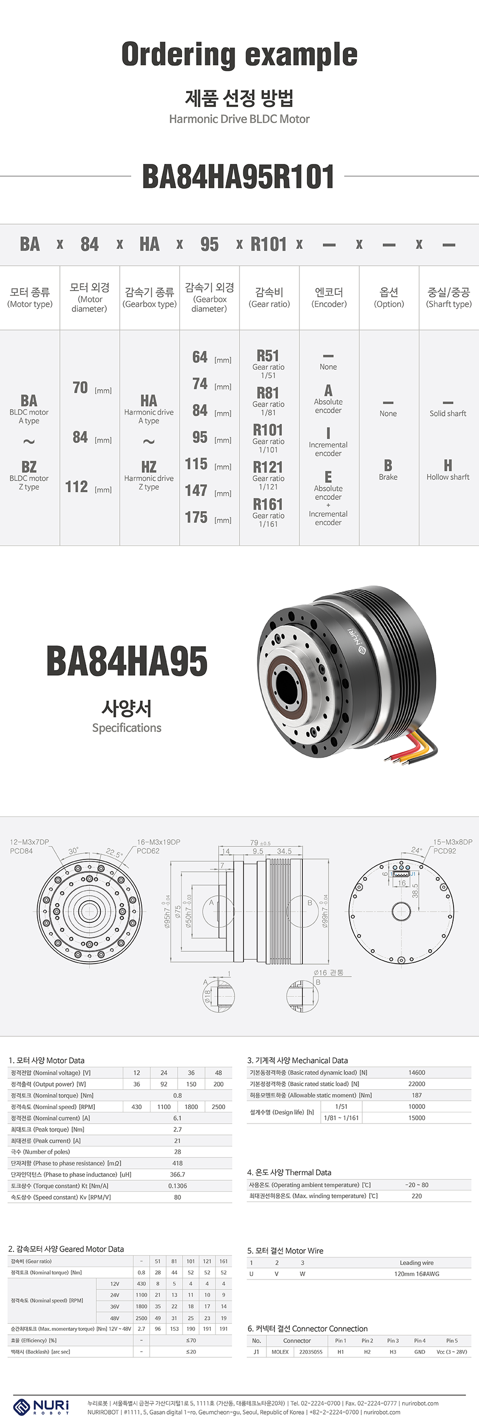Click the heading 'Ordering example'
click(239, 55)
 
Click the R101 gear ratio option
click(268, 430)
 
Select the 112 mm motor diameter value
click(77, 487)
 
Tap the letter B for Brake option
click(388, 465)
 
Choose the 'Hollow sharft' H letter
click(448, 465)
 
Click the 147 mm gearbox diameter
click(197, 491)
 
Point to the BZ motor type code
click(29, 466)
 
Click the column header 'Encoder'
click(329, 297)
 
